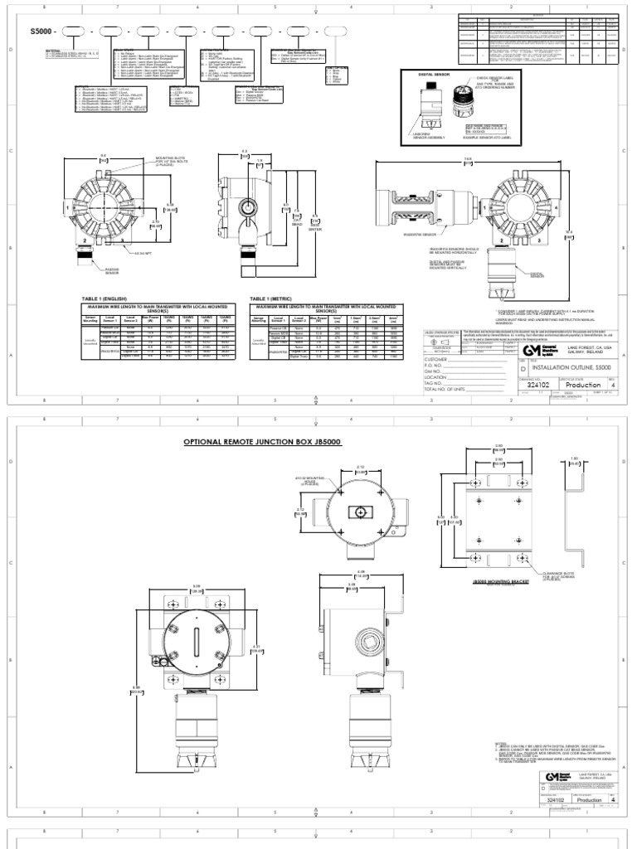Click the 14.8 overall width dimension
468,160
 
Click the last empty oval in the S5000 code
336,32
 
